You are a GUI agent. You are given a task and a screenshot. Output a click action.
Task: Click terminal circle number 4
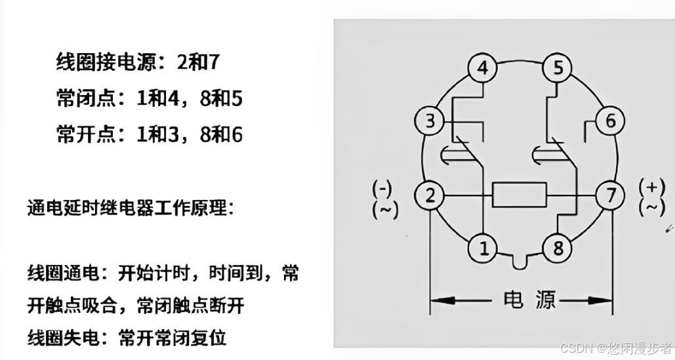click(482, 68)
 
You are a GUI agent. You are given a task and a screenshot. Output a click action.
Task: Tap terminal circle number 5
click(558, 68)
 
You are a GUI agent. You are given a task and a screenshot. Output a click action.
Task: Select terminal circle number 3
click(430, 121)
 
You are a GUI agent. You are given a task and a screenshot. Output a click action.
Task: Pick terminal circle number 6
click(610, 121)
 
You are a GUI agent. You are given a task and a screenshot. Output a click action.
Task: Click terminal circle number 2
click(430, 195)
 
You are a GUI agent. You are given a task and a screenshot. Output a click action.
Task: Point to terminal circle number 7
click(610, 195)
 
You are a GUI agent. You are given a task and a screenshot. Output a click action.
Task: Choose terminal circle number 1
click(483, 248)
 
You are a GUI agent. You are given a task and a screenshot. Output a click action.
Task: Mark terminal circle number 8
click(558, 248)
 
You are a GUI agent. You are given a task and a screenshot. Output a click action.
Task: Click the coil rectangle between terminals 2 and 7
click(520, 195)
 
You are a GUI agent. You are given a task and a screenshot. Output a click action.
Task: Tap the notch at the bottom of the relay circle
click(521, 264)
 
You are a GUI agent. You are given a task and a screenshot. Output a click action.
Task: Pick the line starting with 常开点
click(149, 134)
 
